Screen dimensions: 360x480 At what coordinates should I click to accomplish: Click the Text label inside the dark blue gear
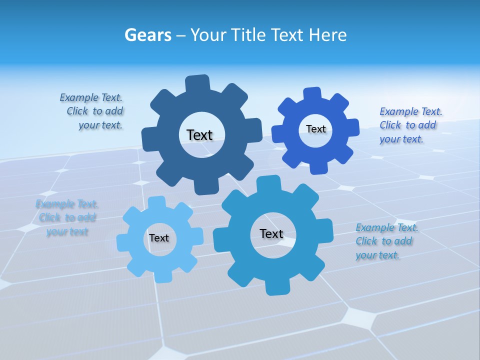199,135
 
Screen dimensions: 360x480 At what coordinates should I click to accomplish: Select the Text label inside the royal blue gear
315,129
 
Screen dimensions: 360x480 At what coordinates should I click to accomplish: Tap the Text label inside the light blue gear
159,238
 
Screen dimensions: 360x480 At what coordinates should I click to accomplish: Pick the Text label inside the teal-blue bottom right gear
271,233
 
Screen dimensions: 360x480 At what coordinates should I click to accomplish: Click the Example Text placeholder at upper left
91,111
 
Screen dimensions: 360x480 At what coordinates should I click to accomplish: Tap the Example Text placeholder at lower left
67,217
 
